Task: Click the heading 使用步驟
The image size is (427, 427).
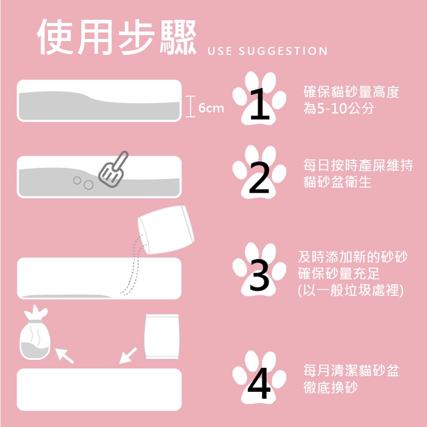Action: point(116,37)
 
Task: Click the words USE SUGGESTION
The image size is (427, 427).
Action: point(267,51)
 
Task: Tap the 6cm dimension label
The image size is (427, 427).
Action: point(211,108)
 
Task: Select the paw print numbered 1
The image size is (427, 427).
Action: point(259,98)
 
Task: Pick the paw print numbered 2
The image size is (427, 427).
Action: point(259,172)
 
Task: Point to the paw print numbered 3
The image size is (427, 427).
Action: point(259,270)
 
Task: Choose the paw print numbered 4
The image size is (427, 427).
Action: point(259,377)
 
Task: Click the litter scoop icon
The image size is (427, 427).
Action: point(113,170)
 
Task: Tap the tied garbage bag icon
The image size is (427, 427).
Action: point(35,332)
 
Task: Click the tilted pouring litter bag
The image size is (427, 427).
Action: point(166,230)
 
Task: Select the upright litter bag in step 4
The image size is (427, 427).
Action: point(162,337)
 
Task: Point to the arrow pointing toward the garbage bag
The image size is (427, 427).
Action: point(64,355)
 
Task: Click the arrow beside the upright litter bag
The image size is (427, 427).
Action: point(128,355)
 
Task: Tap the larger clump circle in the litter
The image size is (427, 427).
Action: point(89,185)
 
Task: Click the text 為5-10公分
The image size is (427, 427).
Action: point(339,109)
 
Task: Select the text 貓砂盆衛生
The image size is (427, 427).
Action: point(337,181)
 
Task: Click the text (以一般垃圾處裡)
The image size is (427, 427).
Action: point(351,290)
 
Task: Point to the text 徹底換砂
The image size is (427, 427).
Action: point(330,388)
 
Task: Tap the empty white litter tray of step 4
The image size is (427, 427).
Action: point(99,390)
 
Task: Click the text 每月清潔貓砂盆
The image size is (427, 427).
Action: point(351,370)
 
